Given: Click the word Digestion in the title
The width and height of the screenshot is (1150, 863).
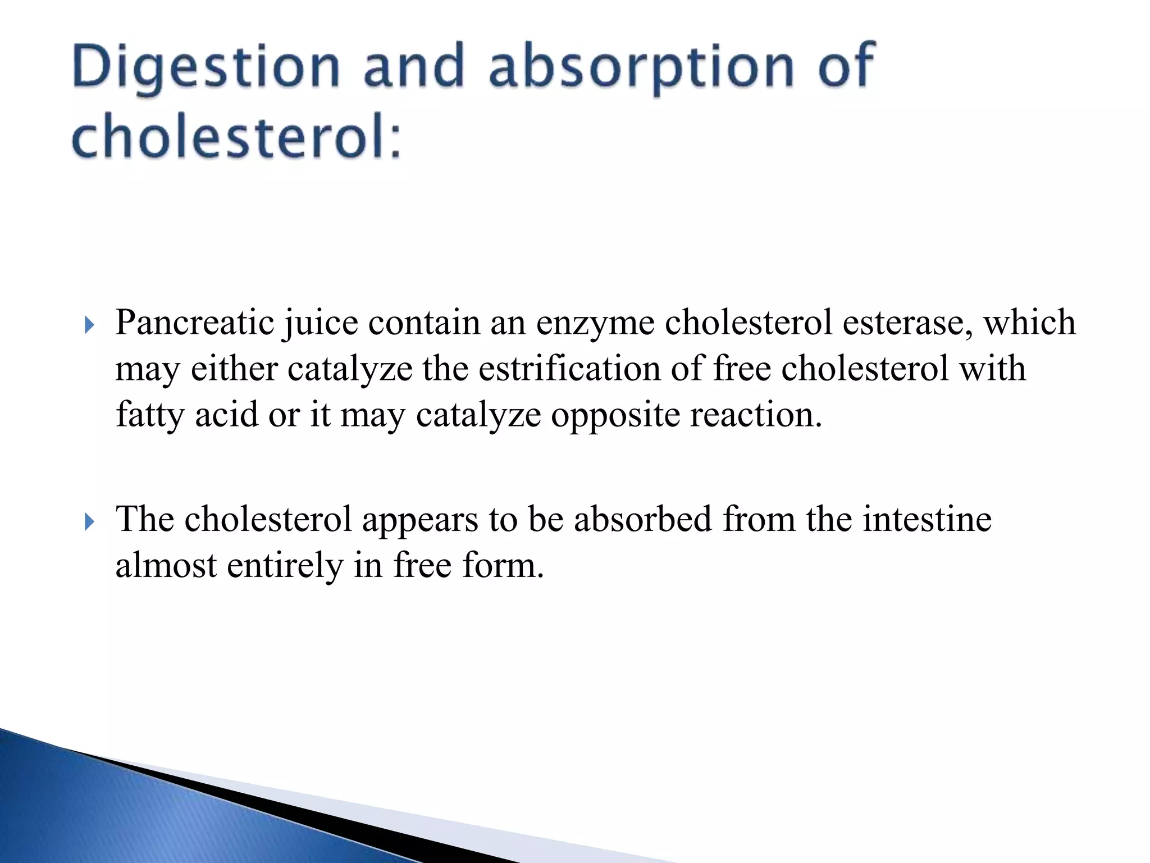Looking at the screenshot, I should (x=206, y=69).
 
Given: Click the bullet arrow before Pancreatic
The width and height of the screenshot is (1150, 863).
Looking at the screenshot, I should (x=89, y=325).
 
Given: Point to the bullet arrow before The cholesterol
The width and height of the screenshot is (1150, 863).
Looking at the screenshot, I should (x=89, y=521).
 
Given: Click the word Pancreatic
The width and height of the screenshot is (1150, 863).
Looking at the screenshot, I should (x=194, y=323).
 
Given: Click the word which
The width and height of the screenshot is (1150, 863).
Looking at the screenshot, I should (x=1029, y=323).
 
